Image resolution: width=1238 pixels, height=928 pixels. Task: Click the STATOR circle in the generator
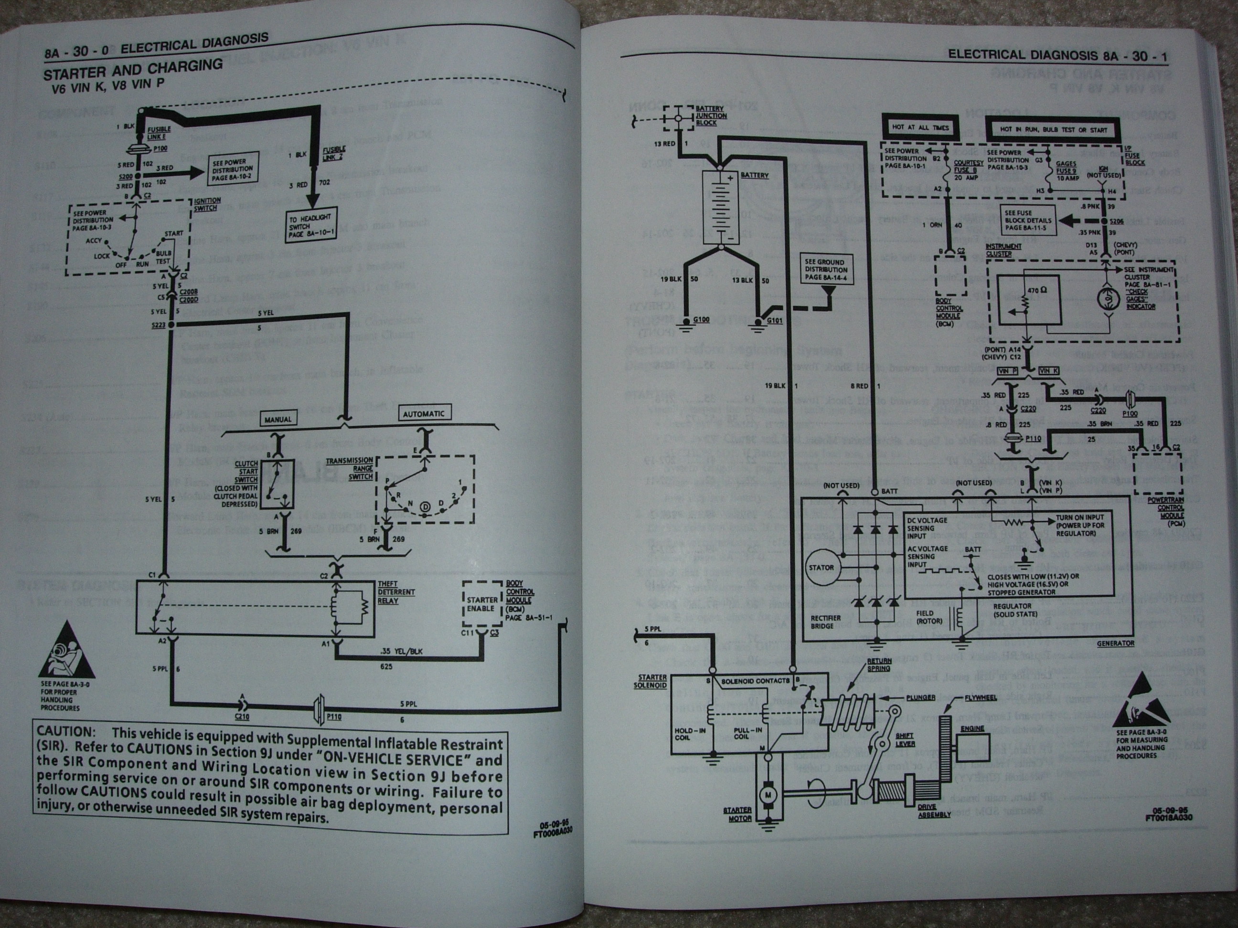click(821, 568)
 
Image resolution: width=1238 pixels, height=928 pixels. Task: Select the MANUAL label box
click(278, 419)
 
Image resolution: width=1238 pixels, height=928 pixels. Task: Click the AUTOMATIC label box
click(424, 414)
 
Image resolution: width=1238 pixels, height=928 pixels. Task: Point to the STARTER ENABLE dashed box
click(481, 604)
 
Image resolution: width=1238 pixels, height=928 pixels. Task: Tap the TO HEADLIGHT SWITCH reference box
click(309, 226)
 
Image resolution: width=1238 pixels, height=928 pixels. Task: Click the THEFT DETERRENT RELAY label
click(395, 592)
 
